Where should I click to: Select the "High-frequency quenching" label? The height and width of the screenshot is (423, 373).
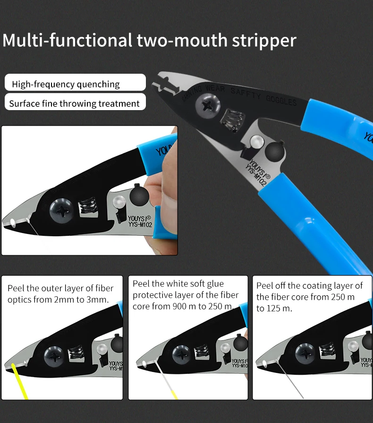pyautogui.click(x=66, y=85)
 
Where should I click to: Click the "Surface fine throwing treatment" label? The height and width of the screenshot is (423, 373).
pyautogui.click(x=74, y=104)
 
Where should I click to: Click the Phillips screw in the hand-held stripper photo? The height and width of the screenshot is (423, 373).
pyautogui.click(x=62, y=211)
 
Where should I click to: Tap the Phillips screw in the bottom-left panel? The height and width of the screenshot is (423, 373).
pyautogui.click(x=53, y=355)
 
